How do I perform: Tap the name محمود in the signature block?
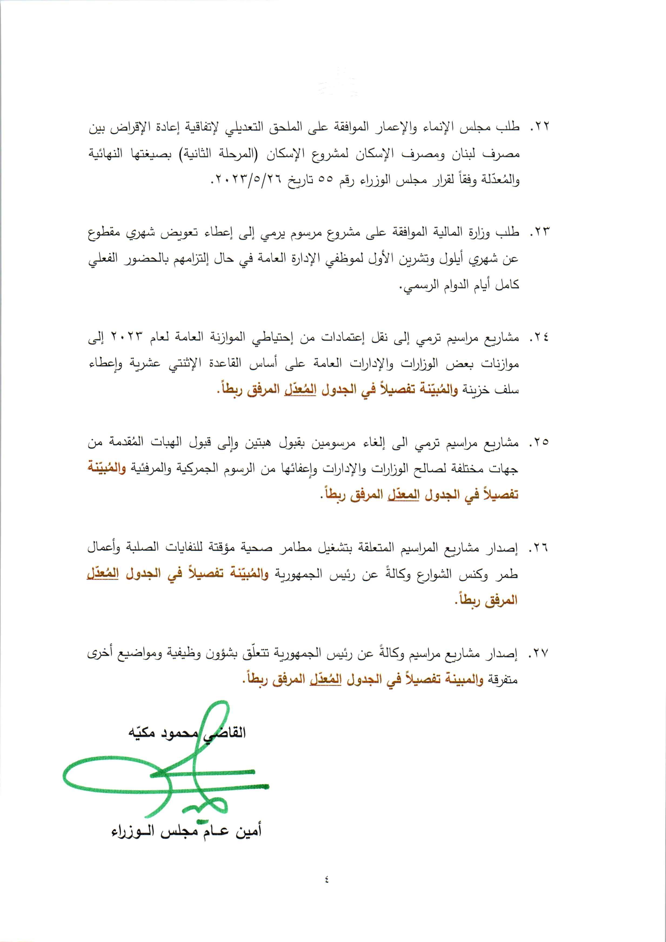coord(178,733)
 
